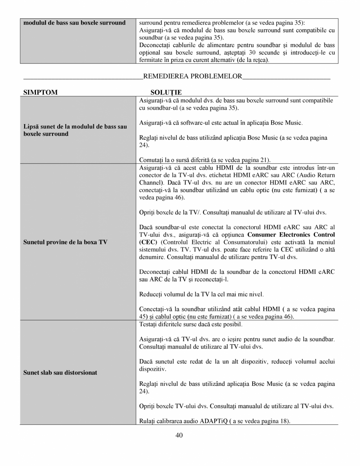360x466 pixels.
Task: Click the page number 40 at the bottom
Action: coord(180,435)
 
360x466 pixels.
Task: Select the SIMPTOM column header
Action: coord(40,92)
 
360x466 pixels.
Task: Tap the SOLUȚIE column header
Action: coord(166,92)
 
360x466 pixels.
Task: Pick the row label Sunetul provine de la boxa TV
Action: coord(65,242)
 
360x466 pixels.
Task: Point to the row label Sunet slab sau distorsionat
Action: coord(60,372)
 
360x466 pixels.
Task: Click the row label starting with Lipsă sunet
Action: coord(75,130)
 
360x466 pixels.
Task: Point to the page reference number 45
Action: coord(143,316)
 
